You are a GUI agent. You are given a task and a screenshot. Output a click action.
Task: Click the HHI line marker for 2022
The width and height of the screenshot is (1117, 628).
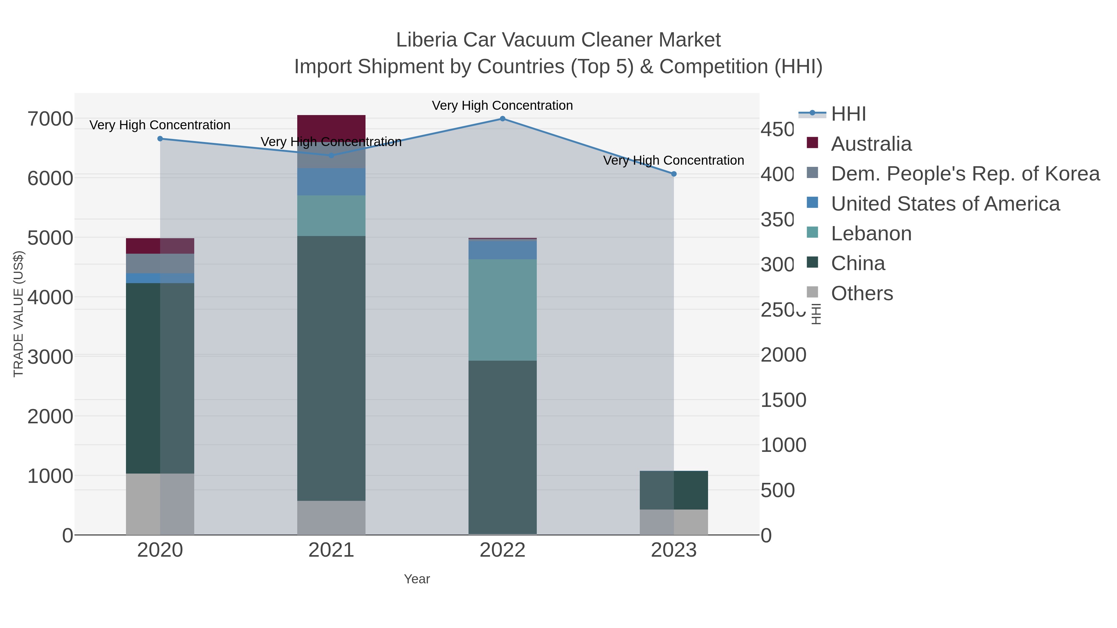pyautogui.click(x=503, y=119)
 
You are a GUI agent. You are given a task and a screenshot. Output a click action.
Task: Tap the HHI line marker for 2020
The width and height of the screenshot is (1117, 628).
pyautogui.click(x=160, y=139)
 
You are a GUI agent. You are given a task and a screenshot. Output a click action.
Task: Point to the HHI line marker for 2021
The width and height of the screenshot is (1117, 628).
pyautogui.click(x=331, y=155)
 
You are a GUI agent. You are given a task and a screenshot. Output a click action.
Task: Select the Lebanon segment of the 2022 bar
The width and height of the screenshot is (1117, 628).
pyautogui.click(x=503, y=310)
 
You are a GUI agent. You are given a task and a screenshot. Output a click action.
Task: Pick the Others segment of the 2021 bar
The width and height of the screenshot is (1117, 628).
pyautogui.click(x=331, y=518)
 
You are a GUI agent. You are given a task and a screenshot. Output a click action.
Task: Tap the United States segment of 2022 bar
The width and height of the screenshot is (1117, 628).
pyautogui.click(x=503, y=249)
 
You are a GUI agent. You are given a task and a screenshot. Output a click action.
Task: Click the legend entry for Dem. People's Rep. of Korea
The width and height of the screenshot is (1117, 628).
pyautogui.click(x=965, y=174)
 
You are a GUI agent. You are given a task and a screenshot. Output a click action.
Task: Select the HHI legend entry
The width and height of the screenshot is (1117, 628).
pyautogui.click(x=848, y=114)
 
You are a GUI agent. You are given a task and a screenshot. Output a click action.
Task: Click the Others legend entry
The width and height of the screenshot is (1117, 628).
pyautogui.click(x=862, y=293)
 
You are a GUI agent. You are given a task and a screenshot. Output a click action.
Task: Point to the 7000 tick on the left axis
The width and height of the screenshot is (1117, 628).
pyautogui.click(x=50, y=119)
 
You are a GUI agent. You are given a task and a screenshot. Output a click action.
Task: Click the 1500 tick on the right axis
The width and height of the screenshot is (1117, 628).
pyautogui.click(x=783, y=400)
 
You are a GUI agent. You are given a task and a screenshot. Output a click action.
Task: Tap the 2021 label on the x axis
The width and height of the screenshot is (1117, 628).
pyautogui.click(x=331, y=550)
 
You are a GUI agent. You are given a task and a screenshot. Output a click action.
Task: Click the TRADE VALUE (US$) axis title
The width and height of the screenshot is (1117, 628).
pyautogui.click(x=18, y=314)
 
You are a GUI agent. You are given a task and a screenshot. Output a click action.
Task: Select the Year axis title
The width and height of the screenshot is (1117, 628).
pyautogui.click(x=417, y=579)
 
